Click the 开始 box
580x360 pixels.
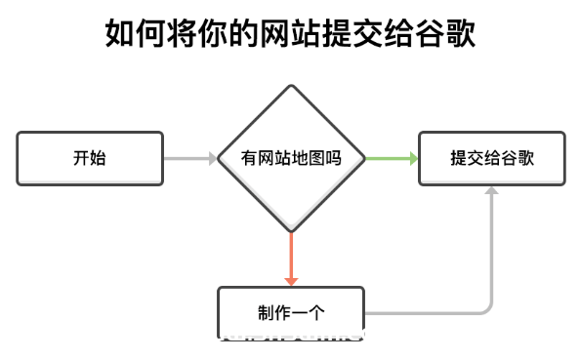pyautogui.click(x=90, y=158)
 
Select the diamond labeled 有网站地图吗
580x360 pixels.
pyautogui.click(x=291, y=158)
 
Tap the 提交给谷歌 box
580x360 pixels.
pyautogui.click(x=491, y=158)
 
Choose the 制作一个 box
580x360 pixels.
pyautogui.click(x=291, y=313)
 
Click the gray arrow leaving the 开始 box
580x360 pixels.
pyautogui.click(x=189, y=158)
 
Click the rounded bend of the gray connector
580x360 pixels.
pyautogui.click(x=485, y=307)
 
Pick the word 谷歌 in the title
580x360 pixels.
pyautogui.click(x=445, y=34)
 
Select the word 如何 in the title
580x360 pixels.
pyautogui.click(x=136, y=34)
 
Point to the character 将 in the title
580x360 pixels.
pyautogui.click(x=183, y=34)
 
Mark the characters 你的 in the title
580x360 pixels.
pyautogui.click(x=228, y=34)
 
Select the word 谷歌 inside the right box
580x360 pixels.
pyautogui.click(x=513, y=158)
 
